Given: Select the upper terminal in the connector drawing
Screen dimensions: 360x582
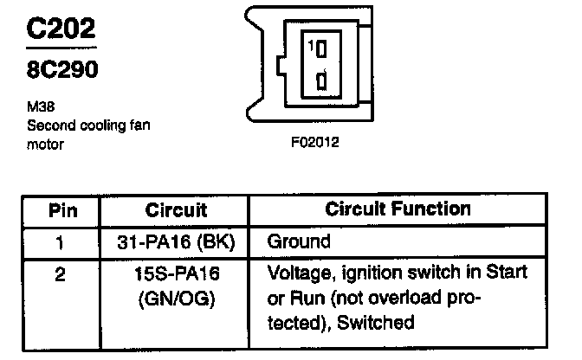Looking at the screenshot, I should [323, 48].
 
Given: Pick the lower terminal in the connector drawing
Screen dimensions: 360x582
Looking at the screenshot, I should [322, 82].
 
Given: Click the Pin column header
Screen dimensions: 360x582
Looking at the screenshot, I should [60, 210].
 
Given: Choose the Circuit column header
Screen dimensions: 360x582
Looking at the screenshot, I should [176, 210].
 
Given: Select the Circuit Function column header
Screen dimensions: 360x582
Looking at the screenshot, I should [398, 209].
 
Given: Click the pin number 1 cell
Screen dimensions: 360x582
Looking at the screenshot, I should [60, 241].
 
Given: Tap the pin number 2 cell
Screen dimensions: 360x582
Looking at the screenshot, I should [60, 273].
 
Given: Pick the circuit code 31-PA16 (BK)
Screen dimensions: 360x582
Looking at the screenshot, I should [177, 241].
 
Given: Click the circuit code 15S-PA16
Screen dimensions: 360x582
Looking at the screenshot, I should [177, 273].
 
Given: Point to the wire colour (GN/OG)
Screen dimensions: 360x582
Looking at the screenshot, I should [177, 300].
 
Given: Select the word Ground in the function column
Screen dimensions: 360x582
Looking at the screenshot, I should [299, 241].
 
